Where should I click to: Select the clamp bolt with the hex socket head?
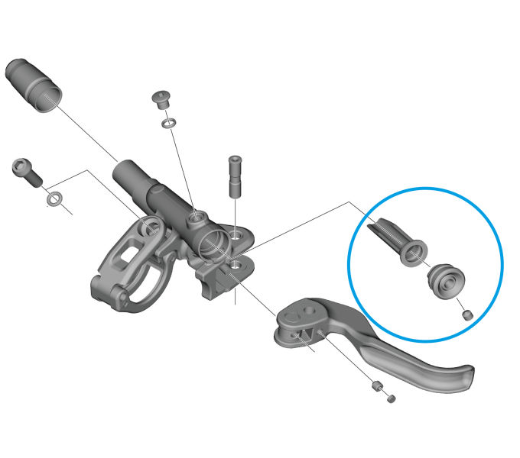click(25, 172)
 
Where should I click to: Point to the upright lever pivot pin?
click(234, 175)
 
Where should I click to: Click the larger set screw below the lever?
click(375, 386)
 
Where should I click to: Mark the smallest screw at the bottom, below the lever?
click(391, 398)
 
